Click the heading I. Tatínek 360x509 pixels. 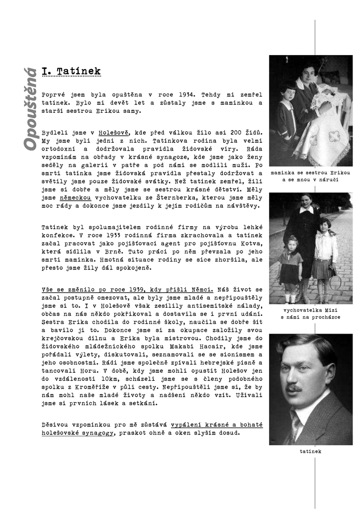point(72,71)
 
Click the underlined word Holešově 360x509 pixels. point(114,133)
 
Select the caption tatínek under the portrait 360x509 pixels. point(311,451)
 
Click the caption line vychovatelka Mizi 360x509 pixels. point(310,309)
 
